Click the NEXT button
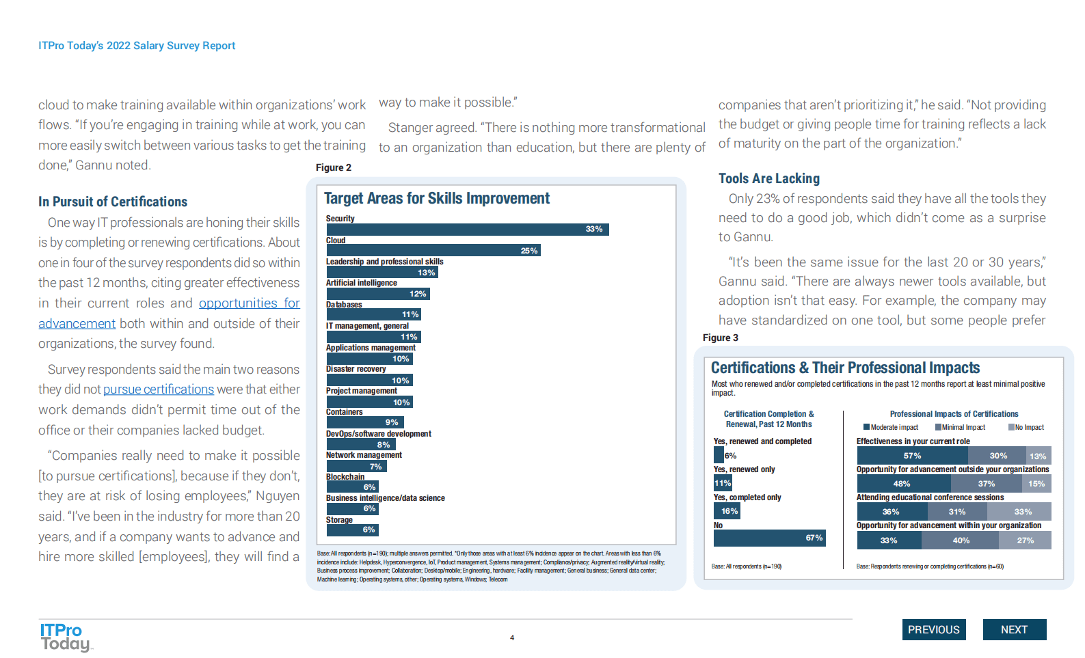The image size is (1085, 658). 1014,629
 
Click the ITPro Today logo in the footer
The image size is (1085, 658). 64,637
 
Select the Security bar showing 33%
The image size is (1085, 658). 467,230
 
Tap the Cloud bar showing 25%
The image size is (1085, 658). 433,251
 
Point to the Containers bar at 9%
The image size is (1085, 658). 364,422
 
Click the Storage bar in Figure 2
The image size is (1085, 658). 352,530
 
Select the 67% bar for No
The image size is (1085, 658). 769,538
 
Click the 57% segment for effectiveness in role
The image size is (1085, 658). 913,456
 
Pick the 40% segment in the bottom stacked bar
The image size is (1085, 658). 960,540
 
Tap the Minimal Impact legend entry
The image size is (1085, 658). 961,427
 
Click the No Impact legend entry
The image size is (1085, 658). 1026,427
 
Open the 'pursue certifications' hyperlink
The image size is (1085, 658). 159,389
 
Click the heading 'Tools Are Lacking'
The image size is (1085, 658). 768,178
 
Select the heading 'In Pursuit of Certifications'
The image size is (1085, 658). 113,202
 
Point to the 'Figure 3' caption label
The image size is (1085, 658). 720,338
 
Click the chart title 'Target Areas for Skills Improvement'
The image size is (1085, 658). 436,198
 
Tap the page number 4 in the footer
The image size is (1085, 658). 512,638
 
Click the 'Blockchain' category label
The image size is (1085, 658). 345,477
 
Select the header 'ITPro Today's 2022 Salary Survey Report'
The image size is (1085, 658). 137,46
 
